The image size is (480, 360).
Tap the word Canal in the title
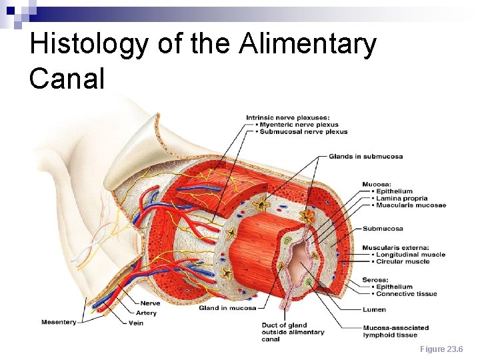[x=67, y=79]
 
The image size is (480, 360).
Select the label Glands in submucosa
[x=365, y=157]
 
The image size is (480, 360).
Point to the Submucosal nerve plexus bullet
[x=303, y=131]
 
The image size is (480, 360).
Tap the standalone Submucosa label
[x=383, y=229]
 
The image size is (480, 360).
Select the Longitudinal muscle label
[x=410, y=255]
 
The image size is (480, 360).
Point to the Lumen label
[x=374, y=309]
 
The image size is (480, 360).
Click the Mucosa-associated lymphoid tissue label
[x=395, y=331]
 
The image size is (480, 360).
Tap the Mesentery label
[x=59, y=323]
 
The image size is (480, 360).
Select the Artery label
[x=146, y=313]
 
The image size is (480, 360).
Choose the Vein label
[x=136, y=323]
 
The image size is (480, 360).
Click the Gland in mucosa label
[x=227, y=308]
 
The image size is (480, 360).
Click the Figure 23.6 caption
[x=441, y=349]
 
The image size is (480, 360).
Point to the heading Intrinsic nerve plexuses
[x=287, y=118]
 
